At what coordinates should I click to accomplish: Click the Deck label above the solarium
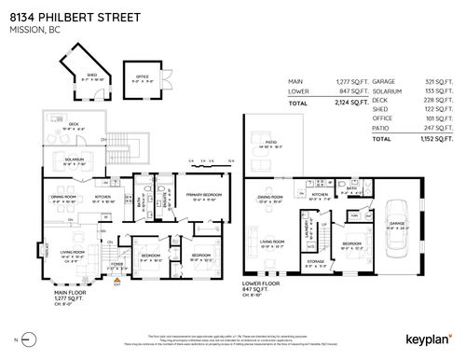pyautogui.click(x=74, y=126)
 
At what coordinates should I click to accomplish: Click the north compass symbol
pyautogui.click(x=23, y=339)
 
